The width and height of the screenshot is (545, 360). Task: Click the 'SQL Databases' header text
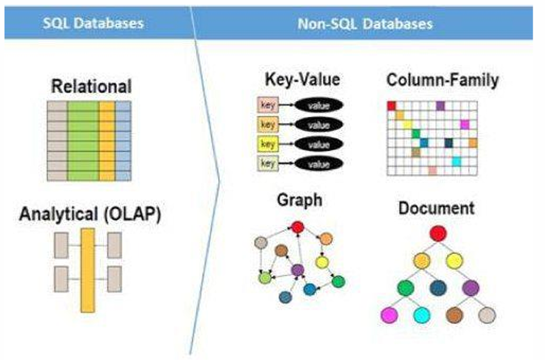[94, 23]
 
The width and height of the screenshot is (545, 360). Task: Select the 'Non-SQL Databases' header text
[365, 24]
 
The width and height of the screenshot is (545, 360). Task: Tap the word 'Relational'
[91, 86]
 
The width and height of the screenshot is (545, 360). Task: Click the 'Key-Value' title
[302, 80]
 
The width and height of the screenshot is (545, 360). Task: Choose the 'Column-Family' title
[442, 80]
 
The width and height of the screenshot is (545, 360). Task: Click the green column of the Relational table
[82, 140]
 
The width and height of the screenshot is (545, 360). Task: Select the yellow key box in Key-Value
[267, 144]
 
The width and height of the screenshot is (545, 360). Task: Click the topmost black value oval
[318, 105]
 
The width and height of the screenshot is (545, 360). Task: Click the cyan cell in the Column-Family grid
[456, 161]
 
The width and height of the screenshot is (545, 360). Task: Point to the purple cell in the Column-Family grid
[440, 105]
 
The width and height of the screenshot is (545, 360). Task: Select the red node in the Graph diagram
[298, 227]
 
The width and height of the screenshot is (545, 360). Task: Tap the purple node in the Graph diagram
[298, 270]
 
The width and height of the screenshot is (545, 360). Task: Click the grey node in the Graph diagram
[260, 242]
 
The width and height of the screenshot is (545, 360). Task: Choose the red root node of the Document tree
[437, 233]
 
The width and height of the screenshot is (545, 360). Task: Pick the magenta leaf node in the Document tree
[388, 315]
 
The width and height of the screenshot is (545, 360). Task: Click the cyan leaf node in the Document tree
[421, 315]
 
